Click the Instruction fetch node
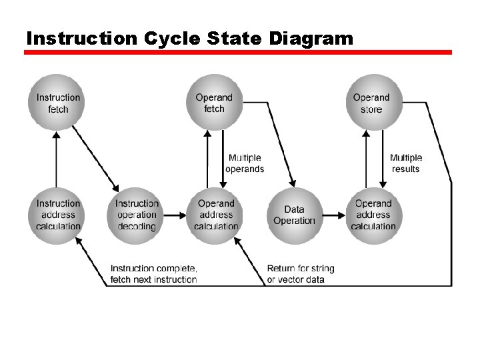(x=58, y=102)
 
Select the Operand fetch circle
(x=215, y=102)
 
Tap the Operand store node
(x=371, y=102)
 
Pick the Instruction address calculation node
(x=58, y=215)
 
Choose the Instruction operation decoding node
(x=136, y=215)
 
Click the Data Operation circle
(x=294, y=215)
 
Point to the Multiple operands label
(x=245, y=163)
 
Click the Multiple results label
(x=406, y=163)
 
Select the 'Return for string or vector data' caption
(x=301, y=273)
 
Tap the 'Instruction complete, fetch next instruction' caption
(x=154, y=273)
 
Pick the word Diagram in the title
(x=311, y=39)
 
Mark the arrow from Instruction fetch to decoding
(x=95, y=158)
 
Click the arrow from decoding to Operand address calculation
(x=176, y=215)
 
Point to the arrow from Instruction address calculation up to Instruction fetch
(x=57, y=160)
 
